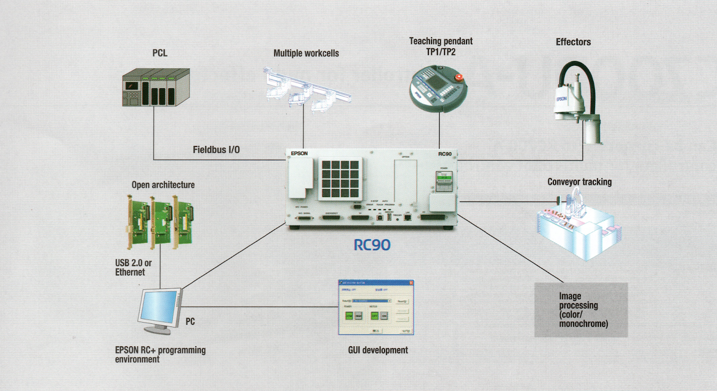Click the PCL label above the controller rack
[160, 53]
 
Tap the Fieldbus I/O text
[216, 150]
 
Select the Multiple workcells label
[306, 53]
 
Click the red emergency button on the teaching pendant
[459, 77]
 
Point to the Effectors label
[573, 42]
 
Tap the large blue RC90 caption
[372, 245]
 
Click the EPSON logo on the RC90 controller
[299, 154]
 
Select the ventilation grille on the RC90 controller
[340, 179]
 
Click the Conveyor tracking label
[579, 182]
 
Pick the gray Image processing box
[581, 310]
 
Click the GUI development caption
[378, 350]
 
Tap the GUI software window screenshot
[376, 307]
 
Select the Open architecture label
[163, 185]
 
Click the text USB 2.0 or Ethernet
[133, 267]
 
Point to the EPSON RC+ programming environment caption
[160, 354]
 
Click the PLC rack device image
[156, 87]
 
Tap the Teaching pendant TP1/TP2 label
[441, 47]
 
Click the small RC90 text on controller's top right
[445, 154]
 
